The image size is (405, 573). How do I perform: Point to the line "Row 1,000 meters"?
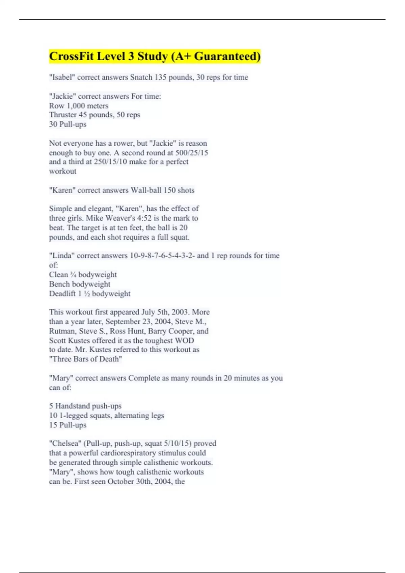click(x=79, y=105)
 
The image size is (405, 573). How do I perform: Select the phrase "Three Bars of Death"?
click(x=85, y=359)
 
